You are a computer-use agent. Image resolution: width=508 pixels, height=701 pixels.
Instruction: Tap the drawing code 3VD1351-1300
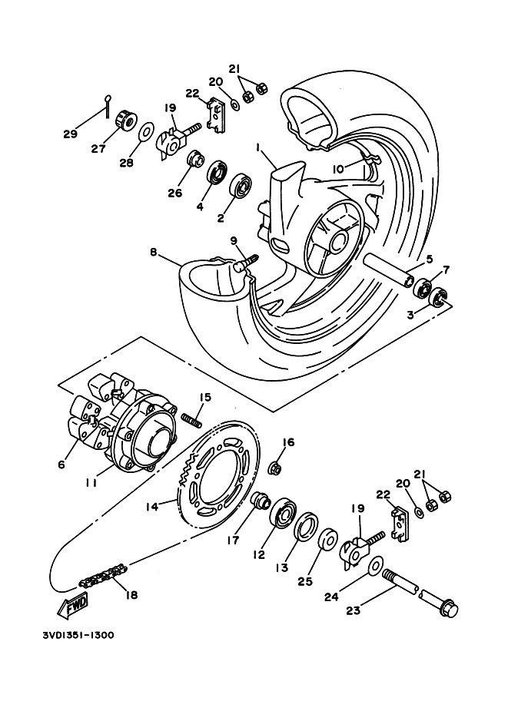click(78, 637)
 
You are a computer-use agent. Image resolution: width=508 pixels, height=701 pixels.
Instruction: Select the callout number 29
click(70, 134)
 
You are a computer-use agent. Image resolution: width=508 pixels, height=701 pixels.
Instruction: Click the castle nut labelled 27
click(125, 121)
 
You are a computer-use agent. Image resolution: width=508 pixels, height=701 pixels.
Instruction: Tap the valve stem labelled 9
click(247, 262)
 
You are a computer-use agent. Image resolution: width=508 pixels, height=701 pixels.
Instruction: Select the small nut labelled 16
click(274, 468)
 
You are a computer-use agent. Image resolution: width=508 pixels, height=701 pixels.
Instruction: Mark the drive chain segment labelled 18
click(101, 575)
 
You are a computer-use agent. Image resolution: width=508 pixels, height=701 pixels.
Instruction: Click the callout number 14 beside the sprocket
click(152, 507)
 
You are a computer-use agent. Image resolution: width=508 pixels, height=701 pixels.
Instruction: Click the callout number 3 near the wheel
click(411, 315)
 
